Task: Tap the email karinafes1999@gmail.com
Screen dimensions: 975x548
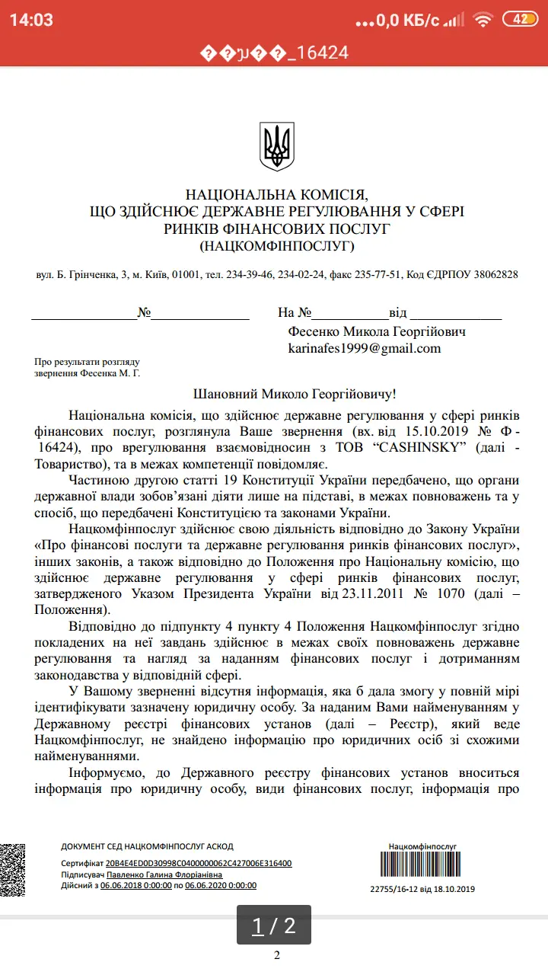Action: [364, 348]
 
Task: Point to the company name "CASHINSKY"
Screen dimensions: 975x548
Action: [422, 447]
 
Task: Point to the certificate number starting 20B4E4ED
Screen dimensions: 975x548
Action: [199, 863]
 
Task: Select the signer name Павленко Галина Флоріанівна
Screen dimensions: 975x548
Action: [169, 874]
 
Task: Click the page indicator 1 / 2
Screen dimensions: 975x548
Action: [273, 925]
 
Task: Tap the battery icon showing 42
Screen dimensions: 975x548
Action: [521, 20]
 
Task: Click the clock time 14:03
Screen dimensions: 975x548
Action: [31, 21]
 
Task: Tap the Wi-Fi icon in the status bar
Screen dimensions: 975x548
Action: [482, 20]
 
